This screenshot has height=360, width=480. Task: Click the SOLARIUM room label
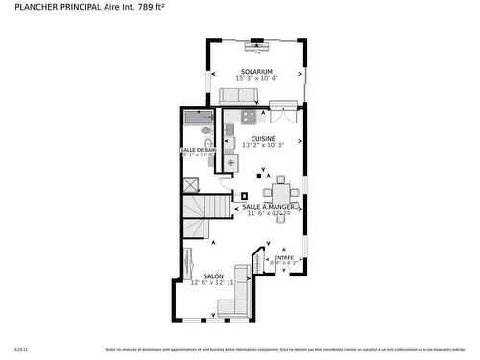click(x=256, y=71)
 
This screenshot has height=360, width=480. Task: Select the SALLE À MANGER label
click(x=268, y=206)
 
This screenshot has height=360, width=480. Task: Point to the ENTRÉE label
click(x=284, y=257)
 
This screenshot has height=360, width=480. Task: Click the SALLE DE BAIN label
click(x=198, y=150)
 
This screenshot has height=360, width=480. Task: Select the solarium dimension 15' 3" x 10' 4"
click(x=256, y=79)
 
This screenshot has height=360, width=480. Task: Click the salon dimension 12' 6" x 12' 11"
click(x=212, y=283)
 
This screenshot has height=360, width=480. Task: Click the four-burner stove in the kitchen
click(x=249, y=117)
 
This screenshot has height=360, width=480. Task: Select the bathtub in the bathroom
click(x=200, y=120)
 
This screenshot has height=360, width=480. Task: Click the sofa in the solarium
click(x=238, y=96)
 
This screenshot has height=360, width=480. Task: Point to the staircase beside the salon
click(x=197, y=215)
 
